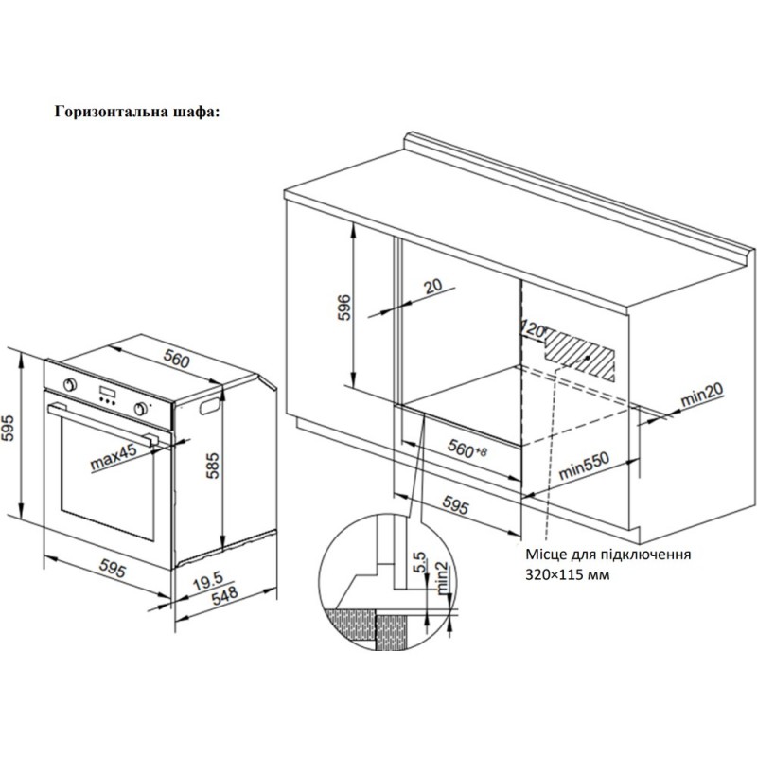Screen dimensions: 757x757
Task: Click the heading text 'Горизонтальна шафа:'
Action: tap(138, 111)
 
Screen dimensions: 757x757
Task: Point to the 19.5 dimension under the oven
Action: tap(211, 578)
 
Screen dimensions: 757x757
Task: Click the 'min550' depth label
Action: tap(584, 464)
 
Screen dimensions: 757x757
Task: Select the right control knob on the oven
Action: tap(142, 409)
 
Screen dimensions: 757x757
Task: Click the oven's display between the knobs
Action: tap(107, 395)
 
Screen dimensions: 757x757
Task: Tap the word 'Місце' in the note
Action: tap(546, 555)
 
